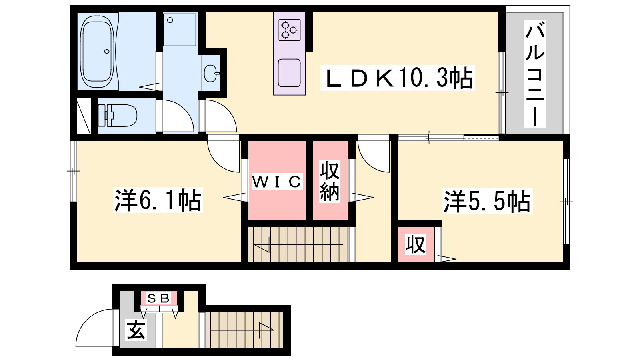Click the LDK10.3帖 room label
coord(398,78)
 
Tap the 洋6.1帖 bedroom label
coord(158,200)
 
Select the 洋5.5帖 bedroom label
coord(487,201)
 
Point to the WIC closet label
coord(277,182)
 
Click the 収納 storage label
coord(330,181)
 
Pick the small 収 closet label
coord(416,244)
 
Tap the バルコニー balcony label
coord(534,74)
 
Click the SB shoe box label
coord(158,298)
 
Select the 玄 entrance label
coord(136,330)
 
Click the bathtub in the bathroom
coord(97,52)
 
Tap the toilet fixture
coord(118,116)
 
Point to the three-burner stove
coord(289,30)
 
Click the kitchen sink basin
coord(289,73)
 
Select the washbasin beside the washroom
coord(211,73)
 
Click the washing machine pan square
coord(180,30)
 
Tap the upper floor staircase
coord(298,244)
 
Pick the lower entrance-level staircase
coord(244,330)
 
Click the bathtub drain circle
coord(107,52)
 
